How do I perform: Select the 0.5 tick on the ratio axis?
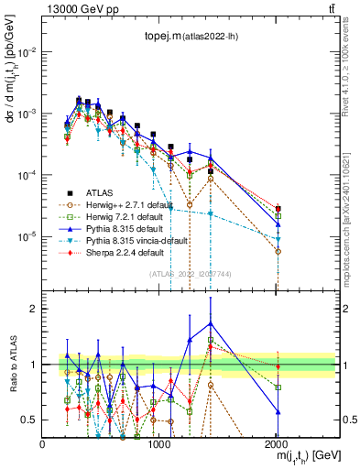30,420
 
